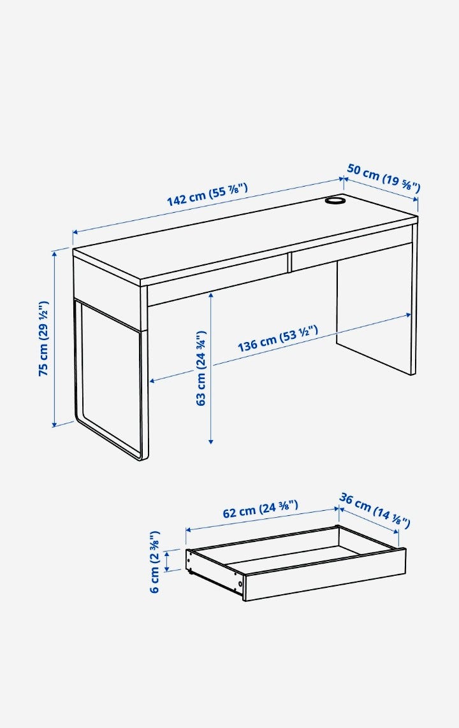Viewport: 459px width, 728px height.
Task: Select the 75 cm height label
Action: pos(43,338)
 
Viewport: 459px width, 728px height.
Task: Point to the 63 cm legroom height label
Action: pos(201,368)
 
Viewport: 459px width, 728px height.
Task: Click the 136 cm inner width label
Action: pos(278,338)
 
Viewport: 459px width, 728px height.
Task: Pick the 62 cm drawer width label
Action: pos(261,509)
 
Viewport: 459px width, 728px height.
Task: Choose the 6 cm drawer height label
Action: pos(155,562)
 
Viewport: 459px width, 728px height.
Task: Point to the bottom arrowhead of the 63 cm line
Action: pos(211,440)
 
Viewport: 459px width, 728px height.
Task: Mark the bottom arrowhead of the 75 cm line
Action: pos(54,423)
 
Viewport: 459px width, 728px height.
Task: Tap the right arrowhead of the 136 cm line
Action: pos(408,315)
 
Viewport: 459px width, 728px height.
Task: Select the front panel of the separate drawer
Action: pos(324,575)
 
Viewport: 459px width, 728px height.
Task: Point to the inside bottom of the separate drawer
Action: pos(293,555)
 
